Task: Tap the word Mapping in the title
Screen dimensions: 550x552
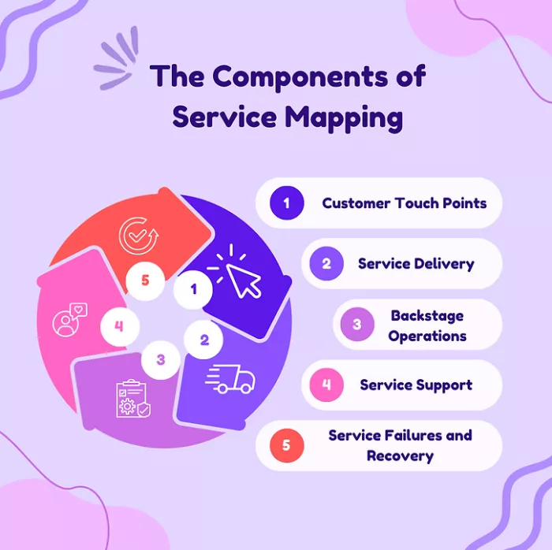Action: pyautogui.click(x=344, y=117)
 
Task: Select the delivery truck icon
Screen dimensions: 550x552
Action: pyautogui.click(x=230, y=380)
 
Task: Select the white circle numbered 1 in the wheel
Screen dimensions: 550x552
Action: pyautogui.click(x=194, y=289)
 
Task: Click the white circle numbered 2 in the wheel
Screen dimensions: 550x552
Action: pyautogui.click(x=204, y=340)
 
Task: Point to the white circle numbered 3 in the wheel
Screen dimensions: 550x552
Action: pyautogui.click(x=161, y=359)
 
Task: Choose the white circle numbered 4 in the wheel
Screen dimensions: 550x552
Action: pyautogui.click(x=119, y=325)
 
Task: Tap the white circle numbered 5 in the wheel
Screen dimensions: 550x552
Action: pyautogui.click(x=145, y=281)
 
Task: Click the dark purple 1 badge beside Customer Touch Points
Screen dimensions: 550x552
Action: pyautogui.click(x=286, y=203)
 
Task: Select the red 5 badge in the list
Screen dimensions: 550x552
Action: pyautogui.click(x=286, y=446)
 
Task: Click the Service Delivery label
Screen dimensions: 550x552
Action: pyautogui.click(x=416, y=264)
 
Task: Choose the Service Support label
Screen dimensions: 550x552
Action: pyautogui.click(x=416, y=385)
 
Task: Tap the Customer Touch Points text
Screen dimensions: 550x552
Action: pyautogui.click(x=404, y=203)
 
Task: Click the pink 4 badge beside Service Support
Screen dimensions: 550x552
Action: pyautogui.click(x=326, y=385)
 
